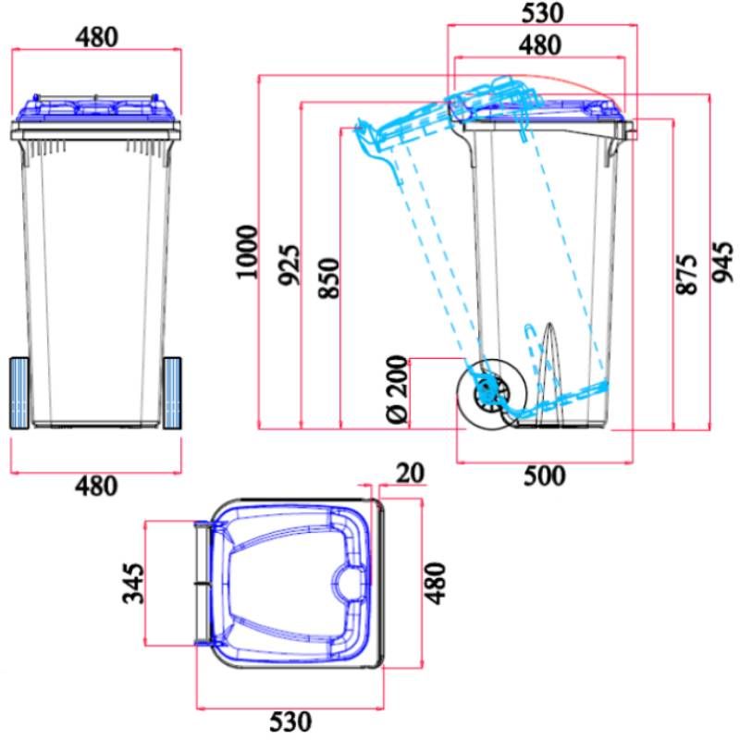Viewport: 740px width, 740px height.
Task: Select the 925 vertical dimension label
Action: (x=289, y=265)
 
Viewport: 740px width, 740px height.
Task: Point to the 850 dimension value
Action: (x=328, y=277)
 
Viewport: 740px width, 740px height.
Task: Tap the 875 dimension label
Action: (x=685, y=275)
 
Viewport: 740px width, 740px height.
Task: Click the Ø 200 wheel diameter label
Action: (x=396, y=389)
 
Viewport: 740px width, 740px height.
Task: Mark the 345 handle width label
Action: (x=134, y=583)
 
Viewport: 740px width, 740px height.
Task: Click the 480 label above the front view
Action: (x=96, y=38)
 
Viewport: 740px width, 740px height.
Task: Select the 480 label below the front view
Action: (x=96, y=486)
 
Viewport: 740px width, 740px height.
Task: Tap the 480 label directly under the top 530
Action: (x=540, y=44)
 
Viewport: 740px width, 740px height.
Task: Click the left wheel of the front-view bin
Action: (x=19, y=393)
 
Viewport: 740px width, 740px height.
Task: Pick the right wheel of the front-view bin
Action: (x=172, y=393)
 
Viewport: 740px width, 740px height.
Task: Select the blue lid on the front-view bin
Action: (x=96, y=109)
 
